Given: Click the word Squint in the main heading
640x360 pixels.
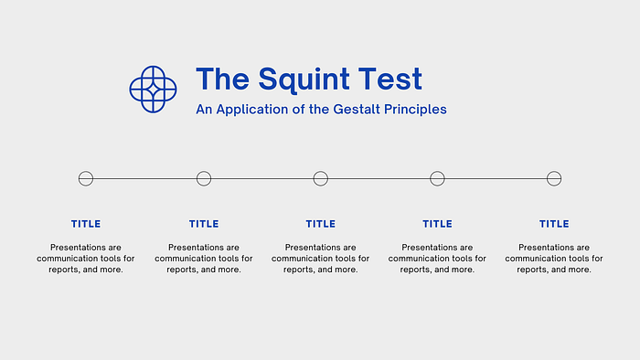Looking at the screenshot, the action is pyautogui.click(x=304, y=79).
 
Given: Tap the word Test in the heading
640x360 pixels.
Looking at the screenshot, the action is pyautogui.click(x=390, y=79).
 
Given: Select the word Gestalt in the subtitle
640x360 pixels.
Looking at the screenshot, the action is pyautogui.click(x=357, y=110).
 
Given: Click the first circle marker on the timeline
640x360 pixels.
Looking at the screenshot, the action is pyautogui.click(x=86, y=171).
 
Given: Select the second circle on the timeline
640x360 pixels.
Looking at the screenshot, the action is pyautogui.click(x=204, y=171).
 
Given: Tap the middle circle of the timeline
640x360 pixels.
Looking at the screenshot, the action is pyautogui.click(x=320, y=171).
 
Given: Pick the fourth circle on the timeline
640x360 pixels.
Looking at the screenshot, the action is pyautogui.click(x=437, y=171).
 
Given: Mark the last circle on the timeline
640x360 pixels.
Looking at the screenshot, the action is pyautogui.click(x=554, y=171).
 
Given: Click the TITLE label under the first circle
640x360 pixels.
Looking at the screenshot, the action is pyautogui.click(x=86, y=224).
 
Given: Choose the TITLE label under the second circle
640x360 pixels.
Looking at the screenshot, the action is pyautogui.click(x=204, y=224).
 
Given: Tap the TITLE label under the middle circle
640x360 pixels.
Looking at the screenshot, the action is pyautogui.click(x=320, y=224).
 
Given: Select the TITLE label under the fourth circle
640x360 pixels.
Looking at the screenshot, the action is pyautogui.click(x=437, y=224).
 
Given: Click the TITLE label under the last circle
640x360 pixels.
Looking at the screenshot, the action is pyautogui.click(x=554, y=224).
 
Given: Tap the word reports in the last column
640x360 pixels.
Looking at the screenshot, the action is pyautogui.click(x=531, y=270).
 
